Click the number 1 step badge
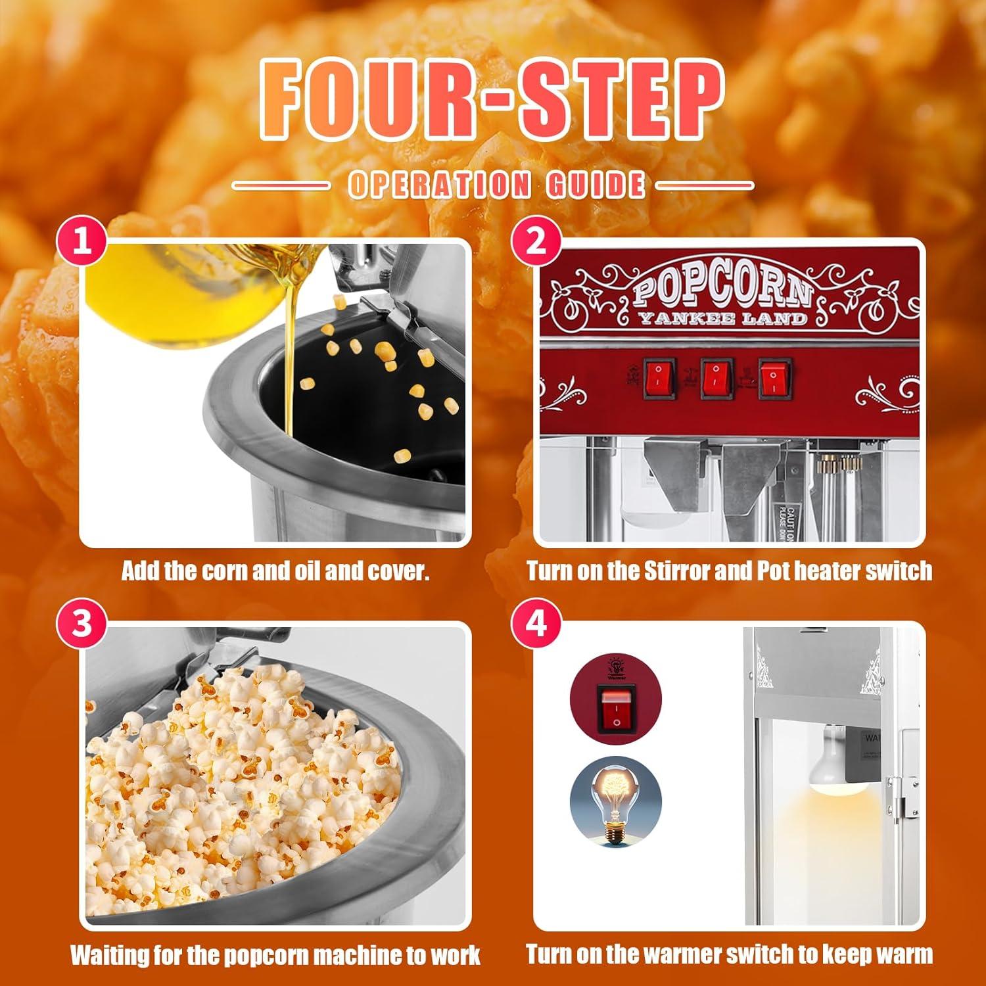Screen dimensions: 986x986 82,243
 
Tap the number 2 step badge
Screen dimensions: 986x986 536,243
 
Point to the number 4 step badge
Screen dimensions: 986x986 536,622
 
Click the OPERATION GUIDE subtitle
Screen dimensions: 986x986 496,185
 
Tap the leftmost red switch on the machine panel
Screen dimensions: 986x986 660,378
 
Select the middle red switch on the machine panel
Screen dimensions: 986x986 717,378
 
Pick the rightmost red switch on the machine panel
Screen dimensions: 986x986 775,378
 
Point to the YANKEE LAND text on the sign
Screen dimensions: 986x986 722,319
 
